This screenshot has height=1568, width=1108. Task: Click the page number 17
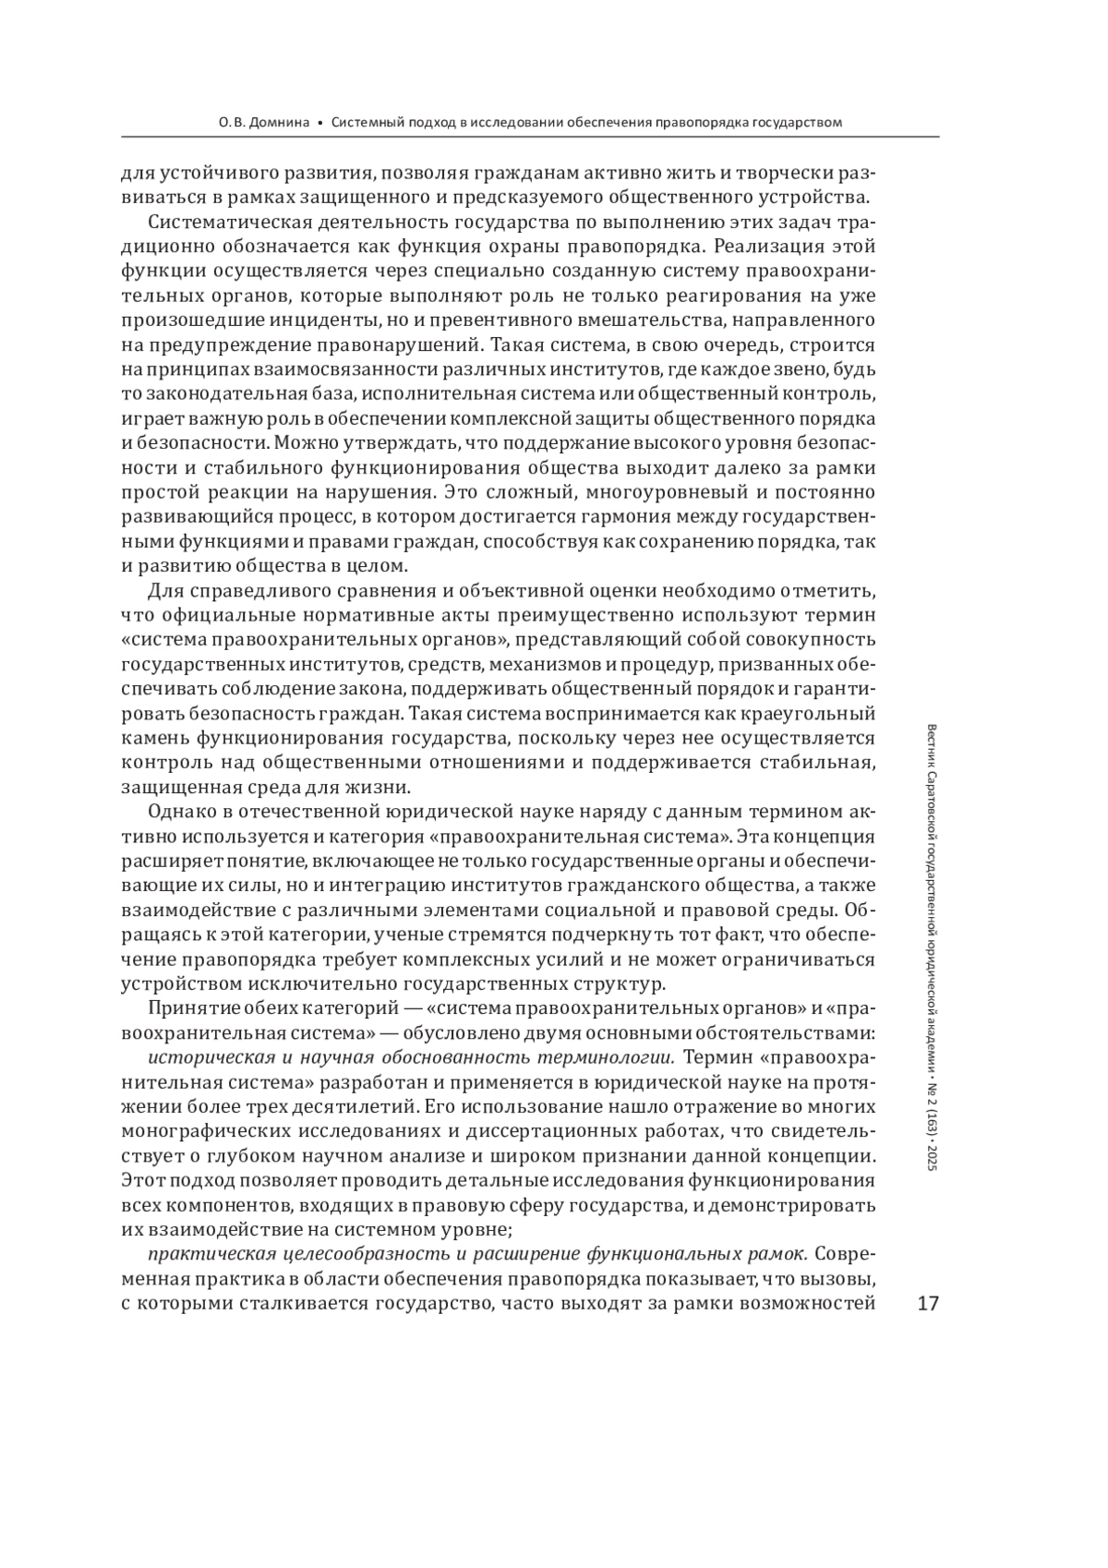pos(927,1304)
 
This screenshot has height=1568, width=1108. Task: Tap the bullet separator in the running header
pos(319,122)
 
